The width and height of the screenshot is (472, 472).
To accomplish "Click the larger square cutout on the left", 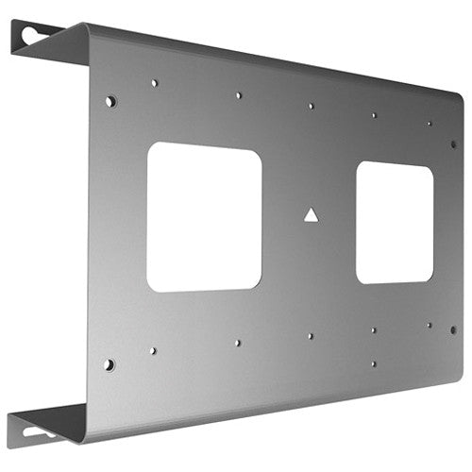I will (x=204, y=216).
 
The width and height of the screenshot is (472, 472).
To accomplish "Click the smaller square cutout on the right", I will (x=395, y=223).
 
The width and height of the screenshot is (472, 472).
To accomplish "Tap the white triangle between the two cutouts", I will (x=311, y=215).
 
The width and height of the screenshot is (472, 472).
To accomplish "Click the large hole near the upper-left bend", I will (x=110, y=100).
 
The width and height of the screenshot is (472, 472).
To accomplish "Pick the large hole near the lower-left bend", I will (x=110, y=363).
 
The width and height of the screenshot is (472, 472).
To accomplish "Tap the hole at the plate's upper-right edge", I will (x=453, y=144).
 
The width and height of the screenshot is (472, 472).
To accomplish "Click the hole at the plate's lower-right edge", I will (x=453, y=329).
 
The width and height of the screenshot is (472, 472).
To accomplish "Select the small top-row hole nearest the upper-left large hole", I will (x=154, y=83).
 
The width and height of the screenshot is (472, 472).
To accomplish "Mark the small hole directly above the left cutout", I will (x=238, y=95).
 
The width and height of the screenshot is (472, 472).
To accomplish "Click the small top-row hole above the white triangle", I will (x=311, y=106).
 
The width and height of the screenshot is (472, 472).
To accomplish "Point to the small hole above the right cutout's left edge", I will (x=374, y=115).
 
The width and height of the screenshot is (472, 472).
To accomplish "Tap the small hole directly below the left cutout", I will (x=237, y=343).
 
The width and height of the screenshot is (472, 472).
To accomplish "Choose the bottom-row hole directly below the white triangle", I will (x=310, y=335).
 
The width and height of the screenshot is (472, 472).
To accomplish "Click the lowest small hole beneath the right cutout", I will (x=373, y=362).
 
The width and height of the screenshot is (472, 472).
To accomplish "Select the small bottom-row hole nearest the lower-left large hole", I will (x=153, y=350).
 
